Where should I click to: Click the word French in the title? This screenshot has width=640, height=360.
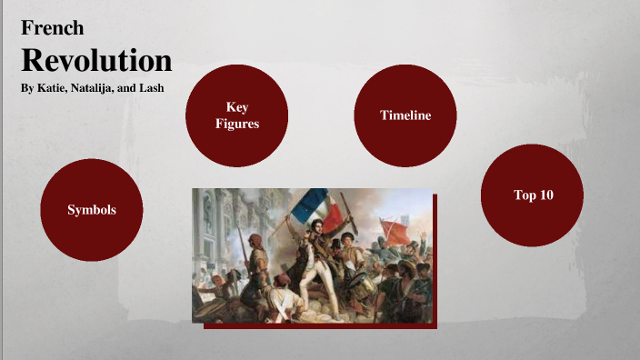[x=53, y=28]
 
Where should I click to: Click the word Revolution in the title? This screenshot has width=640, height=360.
[x=96, y=60]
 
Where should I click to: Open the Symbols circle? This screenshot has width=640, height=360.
[x=92, y=210]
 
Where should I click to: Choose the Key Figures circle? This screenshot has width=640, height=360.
[x=237, y=115]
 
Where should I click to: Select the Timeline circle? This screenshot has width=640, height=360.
[x=405, y=115]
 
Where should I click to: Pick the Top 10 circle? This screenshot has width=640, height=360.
[x=532, y=195]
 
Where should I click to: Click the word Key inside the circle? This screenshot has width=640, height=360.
[x=237, y=107]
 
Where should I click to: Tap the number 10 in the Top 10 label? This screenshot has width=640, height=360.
[x=545, y=195]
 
